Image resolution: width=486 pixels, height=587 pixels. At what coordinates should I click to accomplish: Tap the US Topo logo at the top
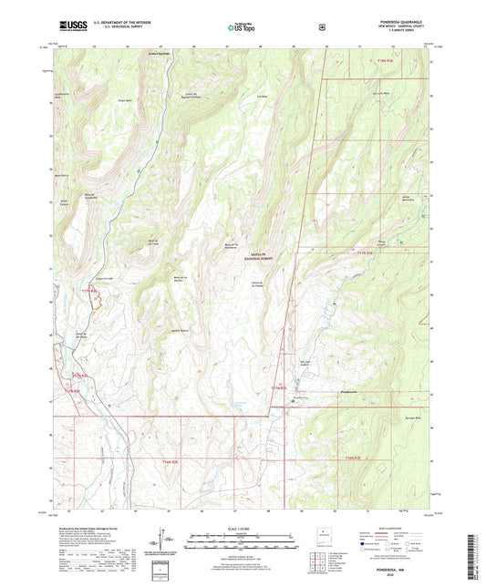click(x=242, y=28)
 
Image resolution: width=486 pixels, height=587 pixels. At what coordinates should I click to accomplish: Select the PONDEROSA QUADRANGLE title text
click(x=405, y=24)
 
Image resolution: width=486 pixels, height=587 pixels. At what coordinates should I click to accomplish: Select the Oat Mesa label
click(x=264, y=94)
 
